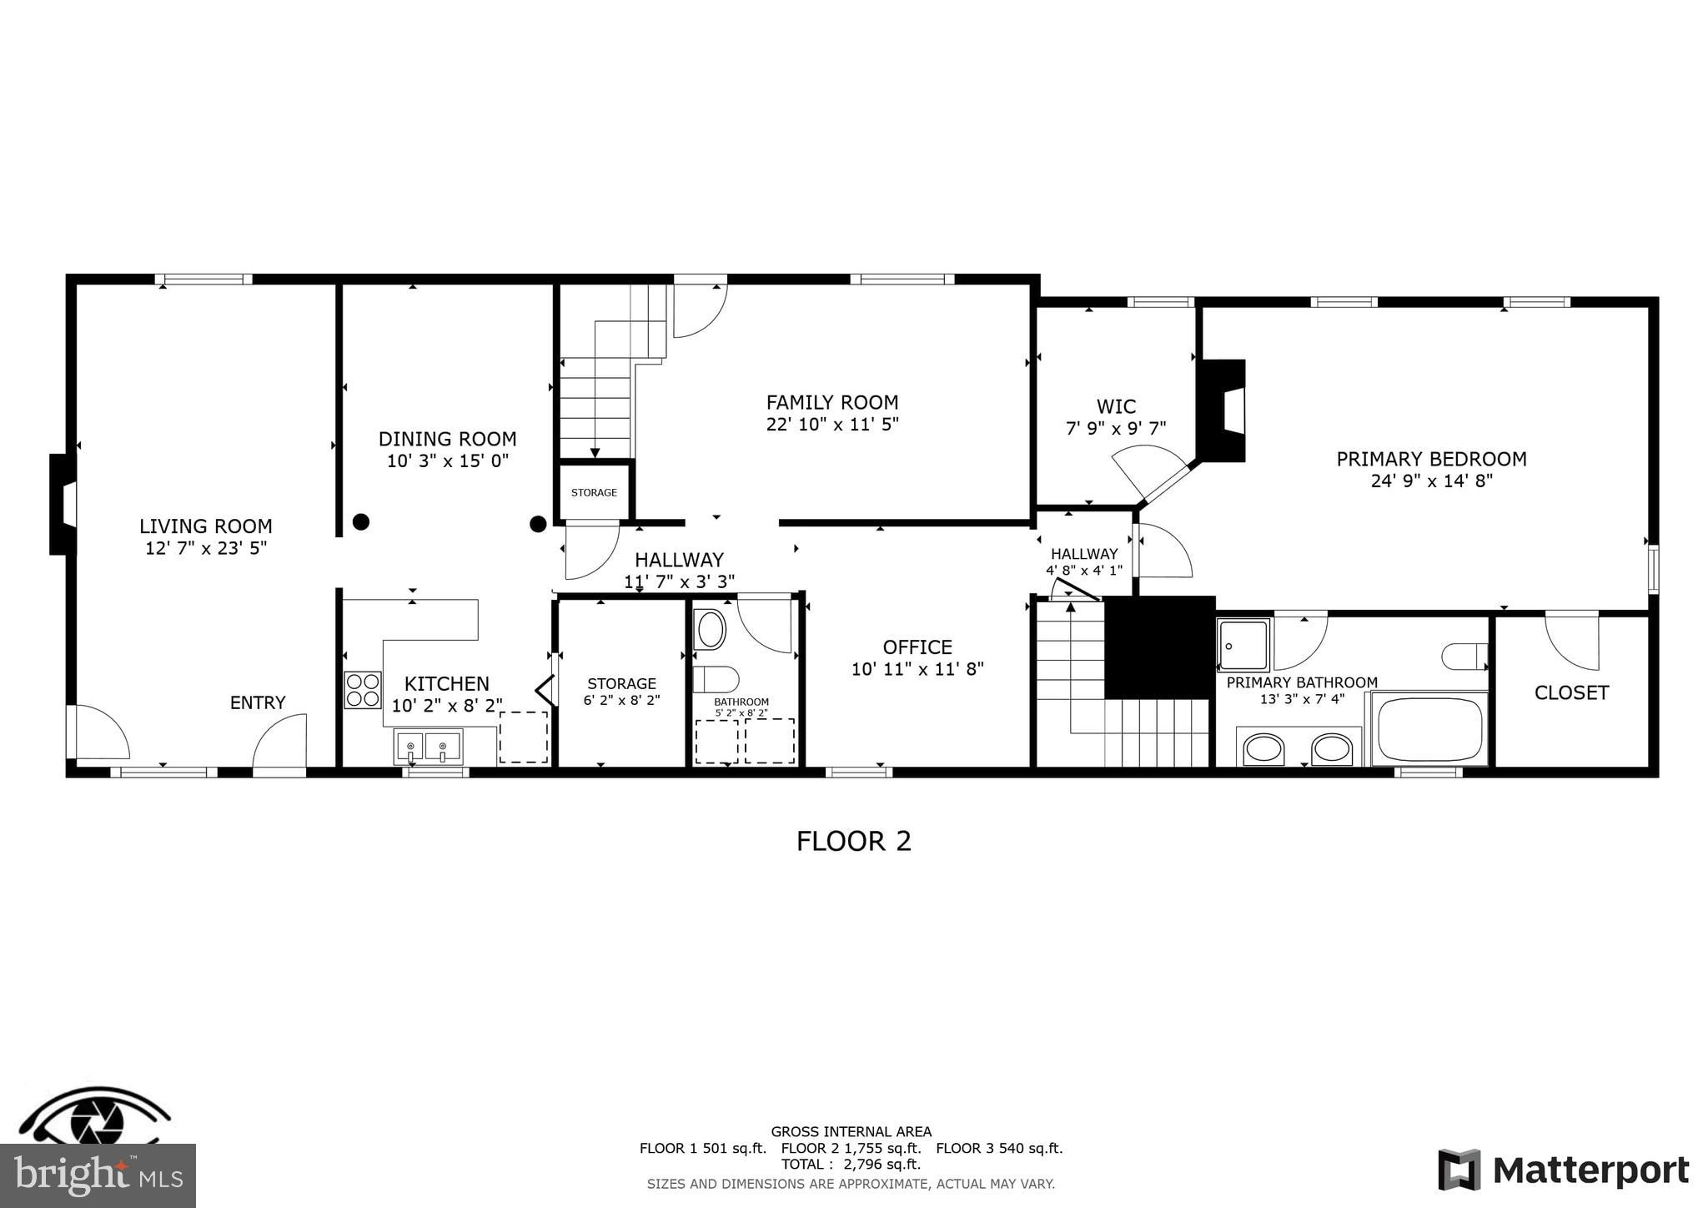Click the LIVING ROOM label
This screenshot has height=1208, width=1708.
205,526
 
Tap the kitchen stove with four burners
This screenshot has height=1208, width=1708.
363,690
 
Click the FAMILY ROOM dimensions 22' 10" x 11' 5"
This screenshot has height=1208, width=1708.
832,425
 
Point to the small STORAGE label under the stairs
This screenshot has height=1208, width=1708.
594,492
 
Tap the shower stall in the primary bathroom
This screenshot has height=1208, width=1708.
1243,645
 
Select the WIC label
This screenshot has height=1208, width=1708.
1116,406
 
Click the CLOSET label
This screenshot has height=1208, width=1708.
1571,692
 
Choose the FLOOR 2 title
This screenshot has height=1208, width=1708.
853,841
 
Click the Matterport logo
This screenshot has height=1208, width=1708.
1564,1170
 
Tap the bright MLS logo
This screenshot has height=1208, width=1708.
98,1175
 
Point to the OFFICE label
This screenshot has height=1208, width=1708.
917,647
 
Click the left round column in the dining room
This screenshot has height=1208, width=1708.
360,522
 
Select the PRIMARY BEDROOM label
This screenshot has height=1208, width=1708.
1431,459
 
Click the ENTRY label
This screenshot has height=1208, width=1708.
258,702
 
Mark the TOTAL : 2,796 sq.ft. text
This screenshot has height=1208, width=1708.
851,1164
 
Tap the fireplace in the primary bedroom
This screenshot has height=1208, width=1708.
1223,410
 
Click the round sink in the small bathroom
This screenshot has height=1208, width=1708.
711,629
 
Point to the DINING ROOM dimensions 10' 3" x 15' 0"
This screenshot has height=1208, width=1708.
448,461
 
